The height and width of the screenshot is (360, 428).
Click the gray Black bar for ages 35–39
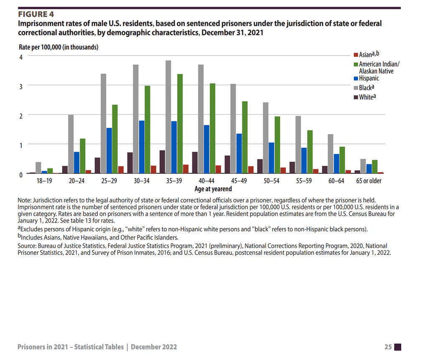(168, 117)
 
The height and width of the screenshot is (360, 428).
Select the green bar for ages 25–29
(115, 139)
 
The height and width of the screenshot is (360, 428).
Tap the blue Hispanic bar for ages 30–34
(142, 147)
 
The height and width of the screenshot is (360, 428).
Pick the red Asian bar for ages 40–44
(218, 169)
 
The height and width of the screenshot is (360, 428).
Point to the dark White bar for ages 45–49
(227, 164)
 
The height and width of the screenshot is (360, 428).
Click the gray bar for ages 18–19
(38, 168)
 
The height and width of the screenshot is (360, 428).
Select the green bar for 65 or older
(375, 166)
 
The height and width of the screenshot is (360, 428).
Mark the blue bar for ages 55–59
(304, 161)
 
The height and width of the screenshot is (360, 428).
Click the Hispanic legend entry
(366, 78)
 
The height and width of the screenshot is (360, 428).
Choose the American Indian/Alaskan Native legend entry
(377, 67)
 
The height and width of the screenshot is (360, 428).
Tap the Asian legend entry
(366, 54)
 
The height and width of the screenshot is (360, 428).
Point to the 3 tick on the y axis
(21, 87)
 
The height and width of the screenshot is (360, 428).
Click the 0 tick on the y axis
(21, 175)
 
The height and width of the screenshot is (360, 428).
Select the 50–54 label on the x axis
(271, 181)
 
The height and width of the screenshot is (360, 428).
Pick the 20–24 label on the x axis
(77, 181)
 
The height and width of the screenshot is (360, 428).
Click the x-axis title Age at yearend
(213, 189)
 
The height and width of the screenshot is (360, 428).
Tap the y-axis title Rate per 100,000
(59, 47)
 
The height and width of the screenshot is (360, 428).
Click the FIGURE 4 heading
(36, 14)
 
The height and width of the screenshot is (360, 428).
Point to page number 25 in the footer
(388, 347)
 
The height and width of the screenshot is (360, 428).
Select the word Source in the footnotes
(26, 246)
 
